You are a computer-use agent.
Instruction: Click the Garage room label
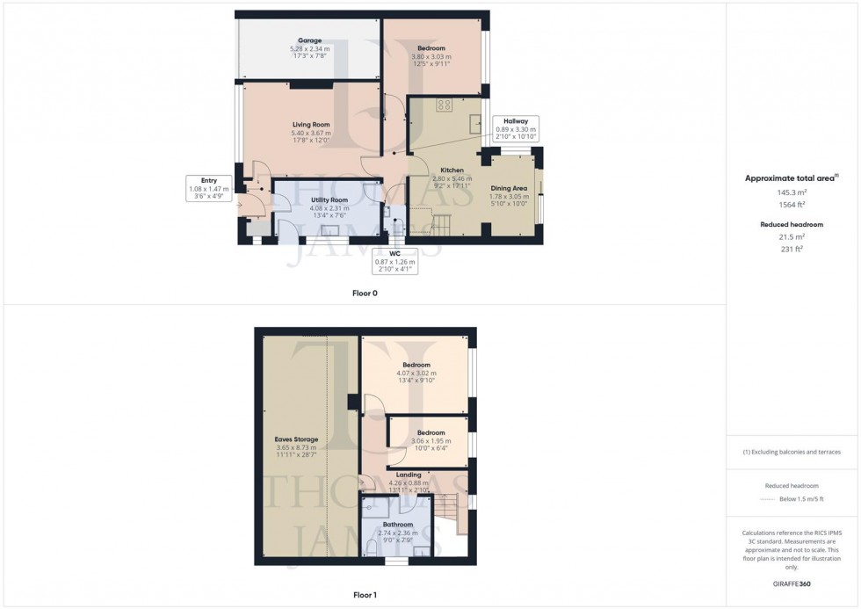pyautogui.click(x=308, y=40)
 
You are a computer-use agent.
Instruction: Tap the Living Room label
pyautogui.click(x=311, y=125)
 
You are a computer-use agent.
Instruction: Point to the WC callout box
pyautogui.click(x=394, y=260)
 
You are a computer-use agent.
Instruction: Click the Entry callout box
pyautogui.click(x=208, y=188)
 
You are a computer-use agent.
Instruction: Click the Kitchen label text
pyautogui.click(x=452, y=170)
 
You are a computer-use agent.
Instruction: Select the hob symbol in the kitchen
pyautogui.click(x=445, y=105)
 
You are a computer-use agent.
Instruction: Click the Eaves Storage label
pyautogui.click(x=296, y=439)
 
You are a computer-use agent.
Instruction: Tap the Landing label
pyautogui.click(x=409, y=475)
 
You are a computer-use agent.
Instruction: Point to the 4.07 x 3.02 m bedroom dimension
pyautogui.click(x=416, y=373)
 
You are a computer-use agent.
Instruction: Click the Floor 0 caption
pyautogui.click(x=365, y=293)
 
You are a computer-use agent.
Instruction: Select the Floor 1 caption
pyautogui.click(x=365, y=595)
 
